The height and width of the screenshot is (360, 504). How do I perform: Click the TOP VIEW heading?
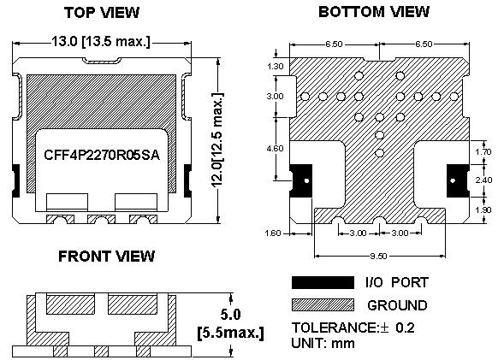tap(102, 13)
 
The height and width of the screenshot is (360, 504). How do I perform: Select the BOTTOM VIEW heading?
tap(374, 12)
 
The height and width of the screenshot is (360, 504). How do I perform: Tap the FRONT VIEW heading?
tap(107, 257)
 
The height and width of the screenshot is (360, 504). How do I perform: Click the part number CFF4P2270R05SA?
tap(102, 155)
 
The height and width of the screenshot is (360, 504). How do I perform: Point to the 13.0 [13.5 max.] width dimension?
tap(101, 41)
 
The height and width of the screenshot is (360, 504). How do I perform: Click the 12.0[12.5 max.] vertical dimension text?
tap(217, 140)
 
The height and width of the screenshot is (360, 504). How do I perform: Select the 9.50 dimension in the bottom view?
tap(379, 256)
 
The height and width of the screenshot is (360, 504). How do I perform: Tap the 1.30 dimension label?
tap(276, 67)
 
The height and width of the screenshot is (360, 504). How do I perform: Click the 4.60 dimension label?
tap(276, 149)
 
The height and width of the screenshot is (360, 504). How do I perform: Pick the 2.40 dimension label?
tap(483, 180)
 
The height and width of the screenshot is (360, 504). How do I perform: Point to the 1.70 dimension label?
tap(483, 151)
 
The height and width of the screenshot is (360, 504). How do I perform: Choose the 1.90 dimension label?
tap(483, 210)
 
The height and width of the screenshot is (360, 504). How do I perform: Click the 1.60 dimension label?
tap(273, 233)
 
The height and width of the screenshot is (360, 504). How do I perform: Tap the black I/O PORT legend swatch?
tap(323, 282)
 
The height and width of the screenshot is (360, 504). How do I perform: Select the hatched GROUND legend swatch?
tap(323, 304)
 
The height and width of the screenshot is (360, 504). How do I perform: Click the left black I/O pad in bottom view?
tap(301, 180)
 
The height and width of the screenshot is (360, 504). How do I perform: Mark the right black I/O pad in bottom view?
tap(458, 180)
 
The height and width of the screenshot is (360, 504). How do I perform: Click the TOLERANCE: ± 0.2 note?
tap(353, 328)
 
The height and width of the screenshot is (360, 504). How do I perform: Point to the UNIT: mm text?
tap(323, 343)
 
